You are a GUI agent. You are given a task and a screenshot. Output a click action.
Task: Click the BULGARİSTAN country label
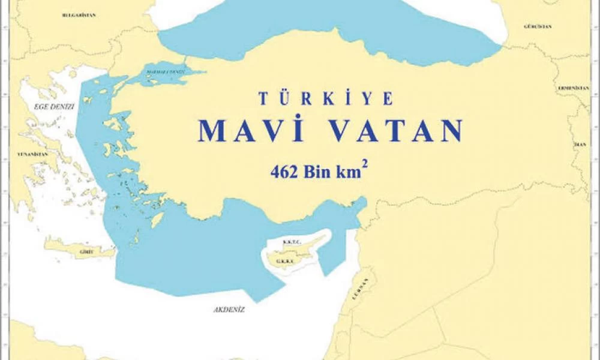click(79, 14)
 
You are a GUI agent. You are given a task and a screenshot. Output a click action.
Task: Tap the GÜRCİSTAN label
click(537, 27)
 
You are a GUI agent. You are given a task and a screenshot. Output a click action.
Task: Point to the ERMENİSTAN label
click(573, 88)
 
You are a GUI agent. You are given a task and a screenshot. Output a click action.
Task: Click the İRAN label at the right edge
click(580, 145)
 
